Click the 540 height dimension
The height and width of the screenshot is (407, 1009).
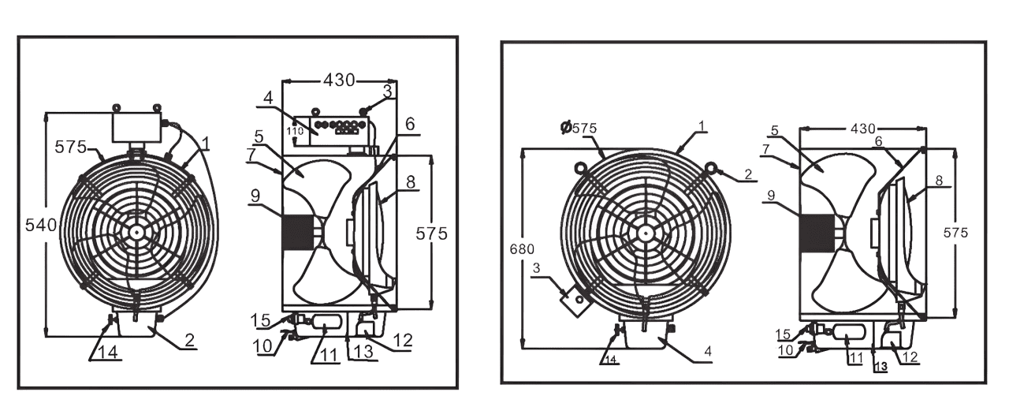(41, 225)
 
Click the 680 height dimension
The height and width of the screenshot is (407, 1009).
(522, 248)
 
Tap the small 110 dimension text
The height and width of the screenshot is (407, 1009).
(295, 131)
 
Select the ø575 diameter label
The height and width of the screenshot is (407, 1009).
(579, 128)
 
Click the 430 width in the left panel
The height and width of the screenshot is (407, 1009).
(339, 80)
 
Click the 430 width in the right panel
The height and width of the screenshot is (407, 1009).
(862, 129)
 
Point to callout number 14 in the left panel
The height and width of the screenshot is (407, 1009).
(108, 352)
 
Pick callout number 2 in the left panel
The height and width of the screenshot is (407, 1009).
(190, 340)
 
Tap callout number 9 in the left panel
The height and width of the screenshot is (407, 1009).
(255, 196)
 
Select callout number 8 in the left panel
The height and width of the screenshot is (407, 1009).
(411, 182)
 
